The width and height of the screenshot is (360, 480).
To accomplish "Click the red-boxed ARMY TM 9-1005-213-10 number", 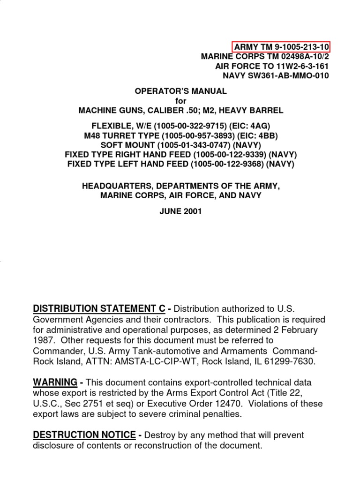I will [x=282, y=47].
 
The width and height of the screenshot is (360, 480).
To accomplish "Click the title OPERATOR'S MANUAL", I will [x=181, y=91].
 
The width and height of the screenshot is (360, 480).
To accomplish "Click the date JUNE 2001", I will [x=181, y=211].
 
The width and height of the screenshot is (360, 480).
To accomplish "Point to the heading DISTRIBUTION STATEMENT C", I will [x=99, y=308].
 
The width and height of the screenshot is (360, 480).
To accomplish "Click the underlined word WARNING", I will [x=55, y=382].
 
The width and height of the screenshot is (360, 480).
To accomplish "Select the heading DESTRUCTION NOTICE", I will [x=84, y=435].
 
